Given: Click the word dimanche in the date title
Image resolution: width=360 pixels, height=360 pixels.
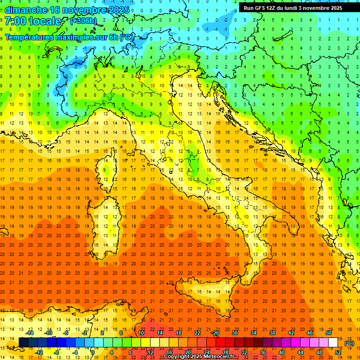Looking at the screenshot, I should (x=26, y=10).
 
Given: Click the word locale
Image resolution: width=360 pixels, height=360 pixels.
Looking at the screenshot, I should (x=45, y=21).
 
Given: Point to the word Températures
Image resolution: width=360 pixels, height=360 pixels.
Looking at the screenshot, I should (x=29, y=37).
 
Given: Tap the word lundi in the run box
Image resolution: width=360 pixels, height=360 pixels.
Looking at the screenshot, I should (x=294, y=8).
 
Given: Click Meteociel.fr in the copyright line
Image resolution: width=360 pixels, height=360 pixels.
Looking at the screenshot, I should (x=219, y=357).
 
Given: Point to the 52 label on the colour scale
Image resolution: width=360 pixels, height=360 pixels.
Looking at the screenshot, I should (x=338, y=352).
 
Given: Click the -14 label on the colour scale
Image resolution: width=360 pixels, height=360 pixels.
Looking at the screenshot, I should (x=30, y=332).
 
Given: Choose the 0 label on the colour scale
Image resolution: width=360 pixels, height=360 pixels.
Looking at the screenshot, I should (x=92, y=352).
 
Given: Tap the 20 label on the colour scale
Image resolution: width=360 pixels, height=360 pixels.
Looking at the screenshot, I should (x=188, y=352).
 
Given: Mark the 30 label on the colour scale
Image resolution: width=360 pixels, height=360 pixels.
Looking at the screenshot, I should (x=234, y=332).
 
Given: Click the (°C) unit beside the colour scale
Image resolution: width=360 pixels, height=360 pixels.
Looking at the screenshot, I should (x=349, y=343).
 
